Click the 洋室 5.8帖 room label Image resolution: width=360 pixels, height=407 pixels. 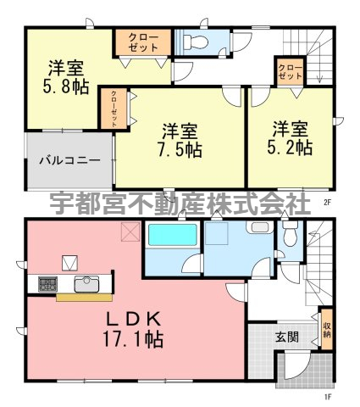(x=65, y=77)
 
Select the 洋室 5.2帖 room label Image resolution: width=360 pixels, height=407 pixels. (x=290, y=138)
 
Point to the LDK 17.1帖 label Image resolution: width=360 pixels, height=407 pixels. (x=133, y=330)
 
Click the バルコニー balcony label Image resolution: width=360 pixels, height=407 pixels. (x=69, y=160)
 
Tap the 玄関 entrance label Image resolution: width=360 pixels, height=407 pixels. (x=287, y=337)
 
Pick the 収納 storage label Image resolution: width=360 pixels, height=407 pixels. (x=327, y=330)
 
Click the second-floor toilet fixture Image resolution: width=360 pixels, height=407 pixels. (x=196, y=42)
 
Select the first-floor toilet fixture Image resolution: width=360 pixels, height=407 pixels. (x=290, y=233)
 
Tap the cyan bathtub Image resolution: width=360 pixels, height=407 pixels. (x=173, y=235)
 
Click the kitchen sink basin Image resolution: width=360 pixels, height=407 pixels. (x=86, y=284)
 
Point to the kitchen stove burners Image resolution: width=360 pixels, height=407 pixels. (x=47, y=284)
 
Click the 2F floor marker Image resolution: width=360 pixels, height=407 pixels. (x=327, y=202)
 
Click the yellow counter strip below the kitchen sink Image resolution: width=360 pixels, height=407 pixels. (x=84, y=298)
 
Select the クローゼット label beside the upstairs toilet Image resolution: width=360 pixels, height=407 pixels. (x=143, y=42)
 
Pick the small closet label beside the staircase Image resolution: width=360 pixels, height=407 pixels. (x=291, y=72)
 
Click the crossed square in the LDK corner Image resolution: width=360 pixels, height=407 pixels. (x=130, y=231)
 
